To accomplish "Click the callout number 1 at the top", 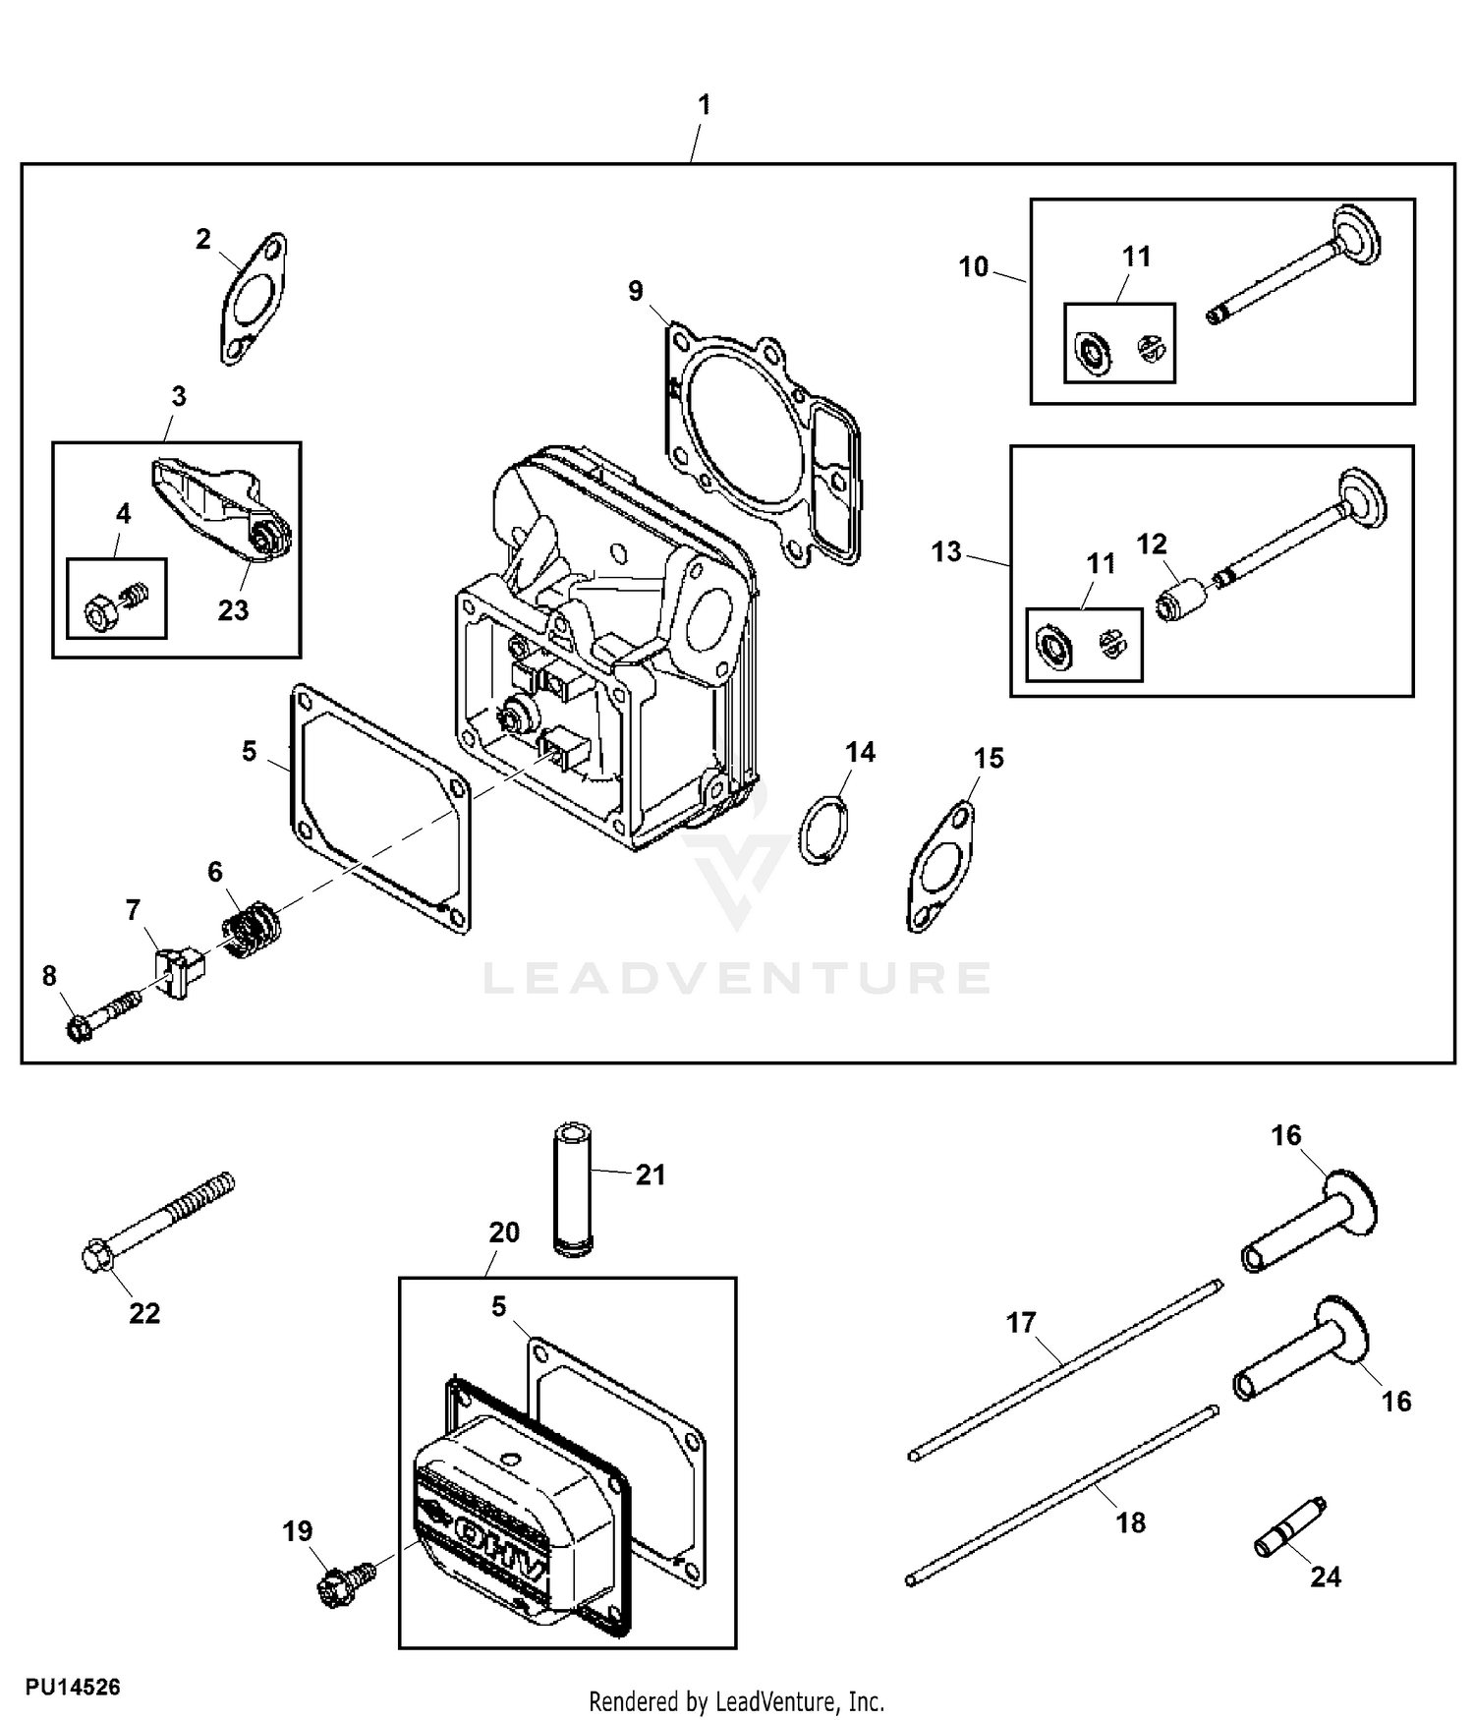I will coord(704,105).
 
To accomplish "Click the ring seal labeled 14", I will coord(822,830).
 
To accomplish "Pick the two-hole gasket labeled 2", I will coord(253,299).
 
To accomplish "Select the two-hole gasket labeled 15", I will coord(940,867).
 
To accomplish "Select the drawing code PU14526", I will coord(74,1687).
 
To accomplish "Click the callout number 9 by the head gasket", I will coord(636,291).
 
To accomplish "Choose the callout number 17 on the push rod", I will coord(1021,1323).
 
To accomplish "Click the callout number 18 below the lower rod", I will coord(1131,1522).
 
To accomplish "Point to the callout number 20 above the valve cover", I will coord(504,1233).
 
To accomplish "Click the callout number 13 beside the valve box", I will coord(946,551).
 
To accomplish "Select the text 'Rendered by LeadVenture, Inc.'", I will coord(737,1700).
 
